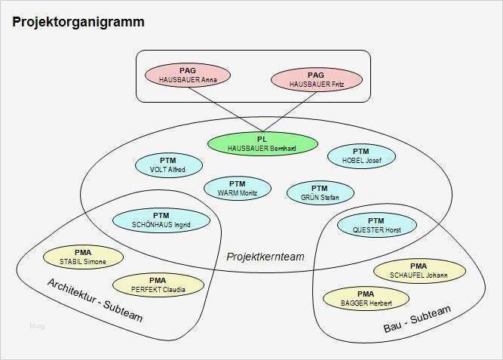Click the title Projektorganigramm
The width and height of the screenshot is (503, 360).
click(78, 22)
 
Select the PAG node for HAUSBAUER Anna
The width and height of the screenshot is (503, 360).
click(188, 75)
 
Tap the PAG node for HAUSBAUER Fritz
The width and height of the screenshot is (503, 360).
click(316, 78)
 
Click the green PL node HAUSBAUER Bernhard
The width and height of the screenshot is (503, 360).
click(262, 143)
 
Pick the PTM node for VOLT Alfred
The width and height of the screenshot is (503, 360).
click(167, 165)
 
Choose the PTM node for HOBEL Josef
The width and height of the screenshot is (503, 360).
click(360, 155)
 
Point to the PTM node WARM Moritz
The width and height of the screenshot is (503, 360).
click(238, 188)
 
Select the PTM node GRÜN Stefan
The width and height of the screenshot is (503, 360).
click(320, 192)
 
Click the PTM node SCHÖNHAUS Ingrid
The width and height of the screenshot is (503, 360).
click(161, 220)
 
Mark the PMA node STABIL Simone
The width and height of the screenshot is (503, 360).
click(83, 257)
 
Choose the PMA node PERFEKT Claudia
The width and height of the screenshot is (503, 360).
click(158, 284)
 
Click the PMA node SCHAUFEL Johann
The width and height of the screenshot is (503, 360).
click(419, 270)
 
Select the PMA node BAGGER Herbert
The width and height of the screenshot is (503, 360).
click(365, 297)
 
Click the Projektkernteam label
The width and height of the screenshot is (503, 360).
click(265, 257)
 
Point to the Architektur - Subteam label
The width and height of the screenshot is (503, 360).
click(94, 300)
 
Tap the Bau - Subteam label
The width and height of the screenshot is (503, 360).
click(416, 320)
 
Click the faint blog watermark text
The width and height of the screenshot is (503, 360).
click(37, 326)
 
